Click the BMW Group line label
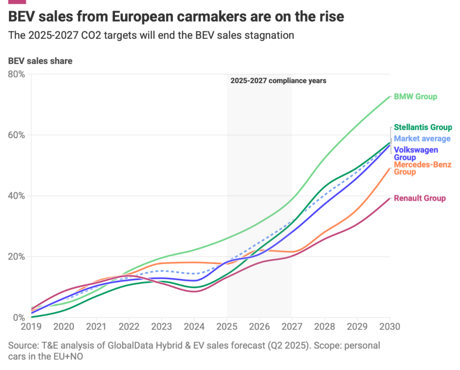point(415,97)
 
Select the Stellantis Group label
point(423,127)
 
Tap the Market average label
point(422,138)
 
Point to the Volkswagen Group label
point(416,153)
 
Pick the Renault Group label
point(420,198)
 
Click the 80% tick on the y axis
point(17,75)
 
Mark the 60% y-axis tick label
point(17,135)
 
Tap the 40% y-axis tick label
point(17,196)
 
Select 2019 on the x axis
point(31,327)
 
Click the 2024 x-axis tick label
point(194,327)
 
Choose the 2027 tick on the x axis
point(292,327)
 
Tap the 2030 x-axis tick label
point(389,327)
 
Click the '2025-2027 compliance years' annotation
point(279,80)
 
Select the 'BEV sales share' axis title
point(40,61)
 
